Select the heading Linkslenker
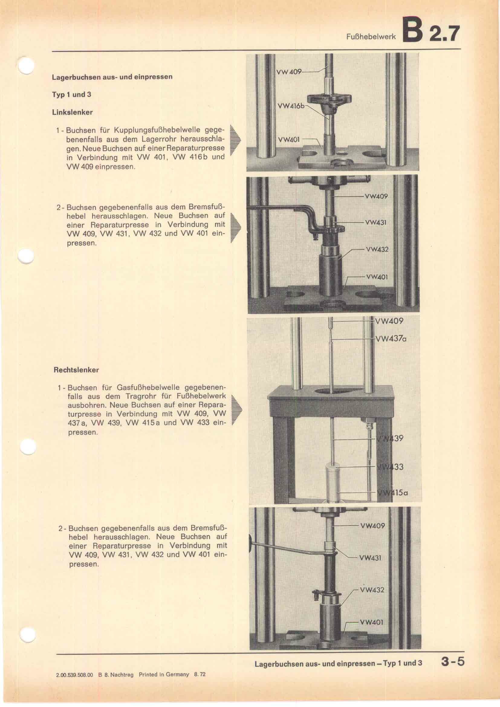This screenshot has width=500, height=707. [x=72, y=112]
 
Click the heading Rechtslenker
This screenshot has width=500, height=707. [x=76, y=370]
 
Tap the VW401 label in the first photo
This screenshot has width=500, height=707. [x=289, y=139]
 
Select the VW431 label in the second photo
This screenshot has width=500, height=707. [x=376, y=222]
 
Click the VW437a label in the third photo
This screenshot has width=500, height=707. [x=391, y=339]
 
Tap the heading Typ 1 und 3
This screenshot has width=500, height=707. [x=72, y=95]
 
